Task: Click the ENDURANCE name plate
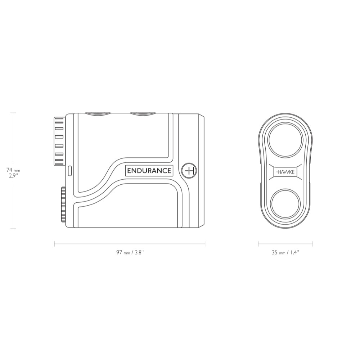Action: (149, 171)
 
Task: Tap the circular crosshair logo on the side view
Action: (189, 171)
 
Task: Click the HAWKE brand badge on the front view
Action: (285, 171)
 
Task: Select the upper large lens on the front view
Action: (285, 140)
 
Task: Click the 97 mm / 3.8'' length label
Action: (130, 253)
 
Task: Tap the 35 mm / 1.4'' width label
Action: (285, 253)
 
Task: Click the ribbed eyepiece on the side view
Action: (60, 141)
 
